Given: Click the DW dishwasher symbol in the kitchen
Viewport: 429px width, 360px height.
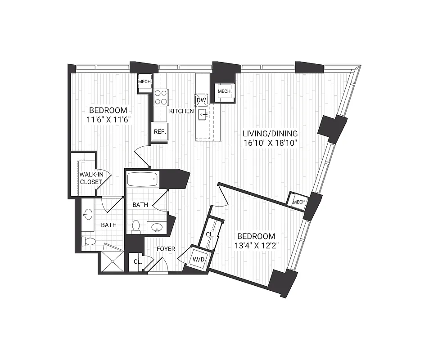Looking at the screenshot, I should point(201,99).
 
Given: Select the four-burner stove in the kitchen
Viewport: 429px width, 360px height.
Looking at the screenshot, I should point(161,97).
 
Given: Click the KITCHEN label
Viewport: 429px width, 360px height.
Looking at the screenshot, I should point(181,111).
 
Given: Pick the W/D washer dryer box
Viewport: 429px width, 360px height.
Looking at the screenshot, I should point(198,259).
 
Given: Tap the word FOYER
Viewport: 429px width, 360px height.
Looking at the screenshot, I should point(166,248).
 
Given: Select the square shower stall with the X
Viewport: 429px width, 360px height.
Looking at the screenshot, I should point(111,261).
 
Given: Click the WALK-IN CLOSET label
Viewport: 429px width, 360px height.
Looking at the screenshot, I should point(90,178).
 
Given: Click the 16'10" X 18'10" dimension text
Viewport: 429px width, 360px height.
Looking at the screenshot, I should point(270,144).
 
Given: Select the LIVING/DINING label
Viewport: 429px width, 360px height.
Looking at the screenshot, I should point(270,134).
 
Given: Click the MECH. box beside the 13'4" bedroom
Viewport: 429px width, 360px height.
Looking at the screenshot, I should point(299,202).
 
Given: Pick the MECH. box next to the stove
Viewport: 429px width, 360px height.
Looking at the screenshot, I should point(145,81).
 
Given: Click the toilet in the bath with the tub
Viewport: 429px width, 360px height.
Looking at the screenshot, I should point(136,227).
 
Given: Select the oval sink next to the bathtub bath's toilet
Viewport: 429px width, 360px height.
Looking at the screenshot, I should point(157,227).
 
